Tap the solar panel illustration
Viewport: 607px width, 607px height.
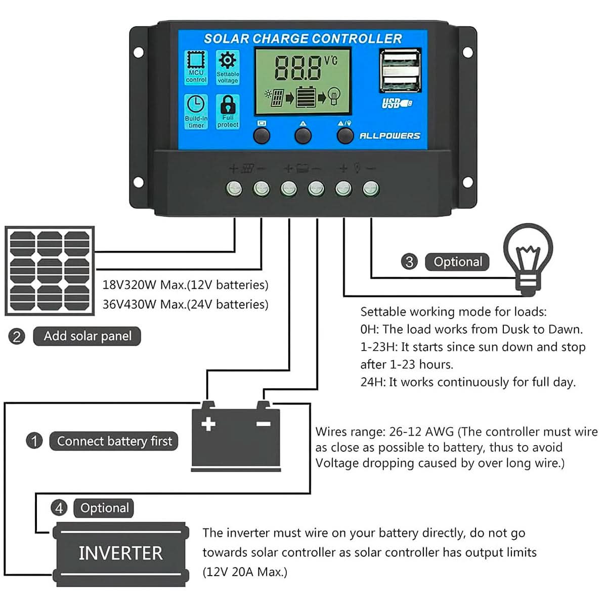[50, 271]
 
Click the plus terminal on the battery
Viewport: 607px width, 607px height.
[208, 424]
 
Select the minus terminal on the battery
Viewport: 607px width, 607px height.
[264, 423]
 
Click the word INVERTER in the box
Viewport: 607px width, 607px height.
[120, 553]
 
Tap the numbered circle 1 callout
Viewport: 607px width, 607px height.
[34, 441]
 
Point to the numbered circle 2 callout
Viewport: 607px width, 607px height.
[17, 336]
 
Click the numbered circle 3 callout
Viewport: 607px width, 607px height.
[409, 262]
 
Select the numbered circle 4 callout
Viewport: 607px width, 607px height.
[59, 508]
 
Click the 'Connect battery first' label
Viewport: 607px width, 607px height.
[114, 441]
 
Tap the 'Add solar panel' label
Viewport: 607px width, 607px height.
[87, 336]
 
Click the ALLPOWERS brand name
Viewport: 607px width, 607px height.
[389, 136]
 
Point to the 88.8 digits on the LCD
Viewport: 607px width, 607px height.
[297, 68]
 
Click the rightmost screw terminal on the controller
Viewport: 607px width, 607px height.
[371, 189]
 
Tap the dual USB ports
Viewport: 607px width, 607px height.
[401, 70]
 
